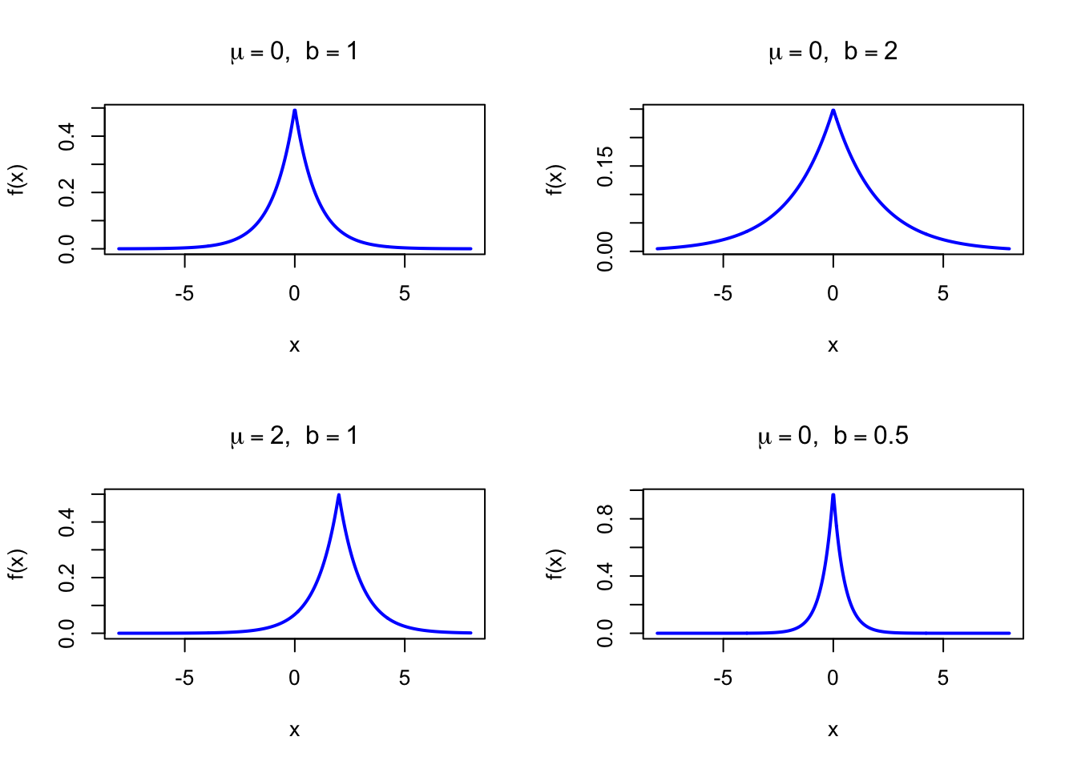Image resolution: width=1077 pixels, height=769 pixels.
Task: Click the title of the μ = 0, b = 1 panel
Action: (294, 52)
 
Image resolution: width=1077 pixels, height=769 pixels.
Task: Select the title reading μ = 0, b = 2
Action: (833, 52)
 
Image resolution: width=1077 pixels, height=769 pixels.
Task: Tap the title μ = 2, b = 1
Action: (294, 437)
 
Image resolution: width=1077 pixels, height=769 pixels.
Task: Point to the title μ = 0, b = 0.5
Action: (833, 437)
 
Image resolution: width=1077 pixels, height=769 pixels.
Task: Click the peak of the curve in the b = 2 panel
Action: (833, 111)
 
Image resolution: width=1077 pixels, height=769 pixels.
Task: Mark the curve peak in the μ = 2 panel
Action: (339, 495)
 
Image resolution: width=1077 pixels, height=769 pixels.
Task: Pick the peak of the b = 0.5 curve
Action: (833, 495)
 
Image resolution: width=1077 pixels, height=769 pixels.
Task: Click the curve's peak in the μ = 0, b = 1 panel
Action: (295, 111)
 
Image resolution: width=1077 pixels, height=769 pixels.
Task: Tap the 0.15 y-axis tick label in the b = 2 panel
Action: (606, 166)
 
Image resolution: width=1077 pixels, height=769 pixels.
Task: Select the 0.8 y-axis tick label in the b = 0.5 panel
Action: (606, 519)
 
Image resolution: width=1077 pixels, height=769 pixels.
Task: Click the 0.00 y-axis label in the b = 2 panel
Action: (606, 251)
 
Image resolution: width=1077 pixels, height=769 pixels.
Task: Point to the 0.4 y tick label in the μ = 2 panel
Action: (67, 522)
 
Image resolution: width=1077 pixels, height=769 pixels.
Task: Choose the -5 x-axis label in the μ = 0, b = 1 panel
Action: (184, 294)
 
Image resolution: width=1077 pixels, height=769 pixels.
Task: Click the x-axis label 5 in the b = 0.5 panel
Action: (943, 678)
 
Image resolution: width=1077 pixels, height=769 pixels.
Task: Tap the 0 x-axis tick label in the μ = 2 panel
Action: (295, 678)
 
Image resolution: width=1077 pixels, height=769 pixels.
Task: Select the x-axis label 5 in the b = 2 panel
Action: (943, 294)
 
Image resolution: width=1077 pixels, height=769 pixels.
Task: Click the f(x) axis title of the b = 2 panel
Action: (555, 179)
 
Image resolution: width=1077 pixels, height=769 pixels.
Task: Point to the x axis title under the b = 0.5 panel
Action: (833, 730)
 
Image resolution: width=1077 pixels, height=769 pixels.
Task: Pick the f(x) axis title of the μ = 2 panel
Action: (17, 564)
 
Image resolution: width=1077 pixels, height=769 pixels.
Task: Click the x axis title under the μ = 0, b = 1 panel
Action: (294, 345)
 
